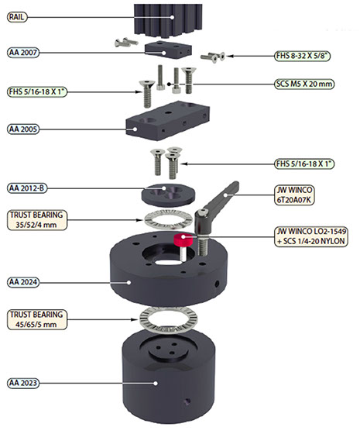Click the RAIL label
(x=17, y=17)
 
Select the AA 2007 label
(x=23, y=53)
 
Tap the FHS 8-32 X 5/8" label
(x=303, y=56)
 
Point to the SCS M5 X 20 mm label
(x=304, y=84)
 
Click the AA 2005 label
(x=23, y=129)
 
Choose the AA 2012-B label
(x=27, y=188)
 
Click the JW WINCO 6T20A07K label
(x=294, y=195)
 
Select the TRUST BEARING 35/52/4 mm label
(x=37, y=220)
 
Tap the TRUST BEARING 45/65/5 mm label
(x=37, y=319)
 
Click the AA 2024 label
(x=23, y=282)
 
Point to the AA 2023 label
(x=23, y=383)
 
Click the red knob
(x=183, y=240)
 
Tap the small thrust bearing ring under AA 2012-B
(x=169, y=220)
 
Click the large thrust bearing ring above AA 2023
(x=167, y=319)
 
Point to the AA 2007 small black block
(x=168, y=50)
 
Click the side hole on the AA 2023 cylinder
(x=187, y=401)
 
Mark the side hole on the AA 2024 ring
(x=217, y=284)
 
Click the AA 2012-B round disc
(x=169, y=195)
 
